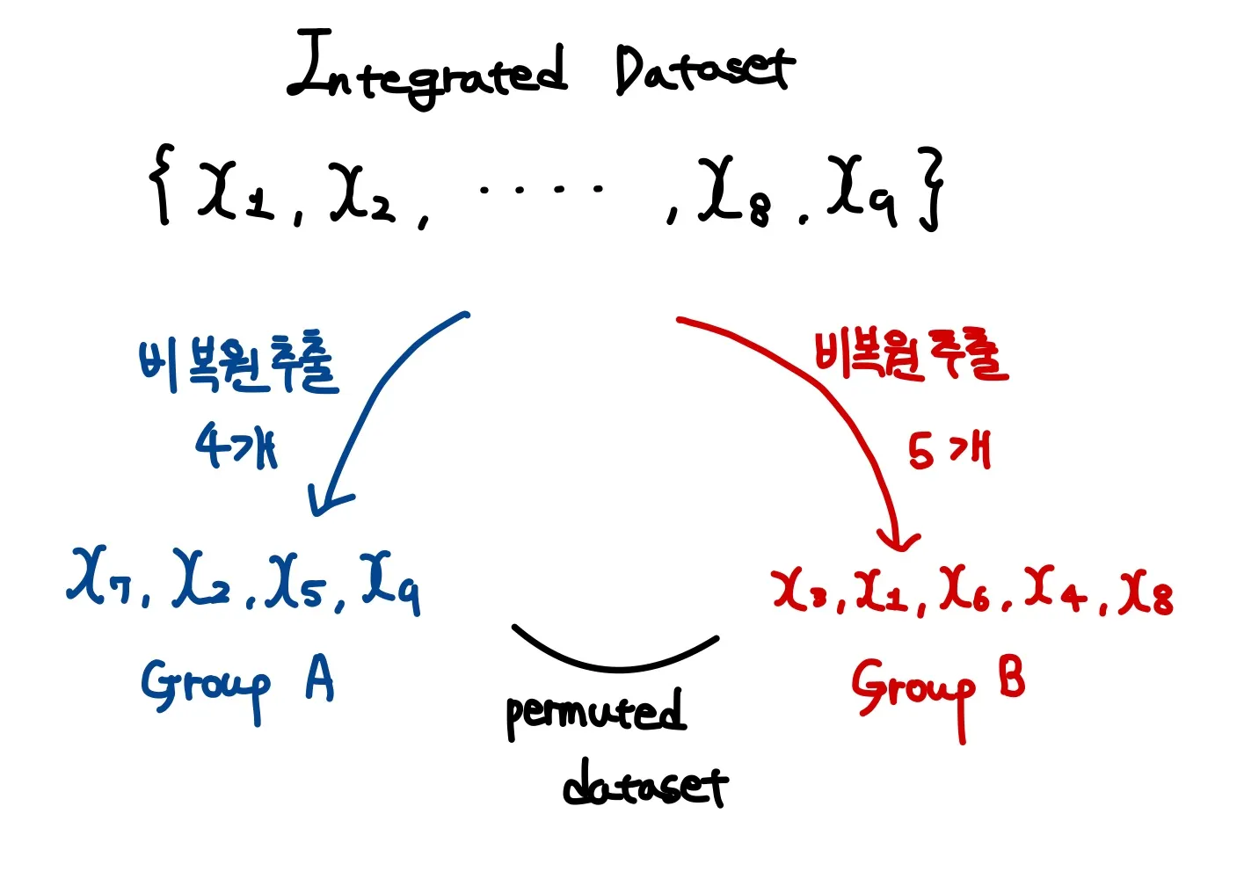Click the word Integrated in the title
coord(428,70)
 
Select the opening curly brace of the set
coord(160,185)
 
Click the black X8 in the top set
coord(735,193)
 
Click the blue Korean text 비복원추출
coord(237,365)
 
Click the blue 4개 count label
coord(236,446)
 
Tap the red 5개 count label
coord(949,451)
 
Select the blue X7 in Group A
coord(105,580)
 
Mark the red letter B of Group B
coord(1011,678)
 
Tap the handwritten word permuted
coord(595,714)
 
